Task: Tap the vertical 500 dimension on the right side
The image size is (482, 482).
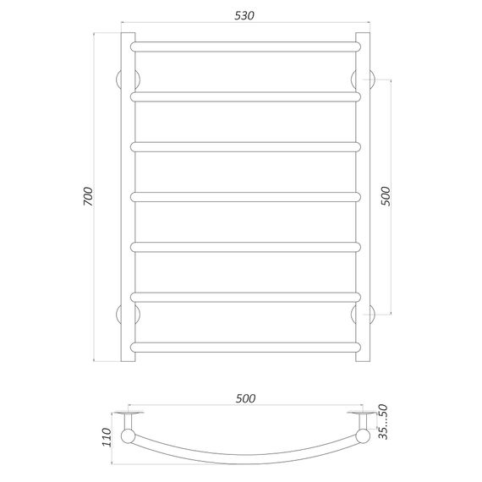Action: (386, 196)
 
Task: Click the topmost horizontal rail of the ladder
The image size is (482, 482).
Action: (244, 44)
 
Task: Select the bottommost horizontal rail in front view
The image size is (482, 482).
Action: (244, 346)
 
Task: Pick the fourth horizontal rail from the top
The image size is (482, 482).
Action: (244, 196)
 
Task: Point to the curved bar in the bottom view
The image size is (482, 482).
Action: (244, 462)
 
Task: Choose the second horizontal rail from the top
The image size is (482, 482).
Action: (244, 96)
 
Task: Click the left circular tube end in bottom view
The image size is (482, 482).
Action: (129, 436)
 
